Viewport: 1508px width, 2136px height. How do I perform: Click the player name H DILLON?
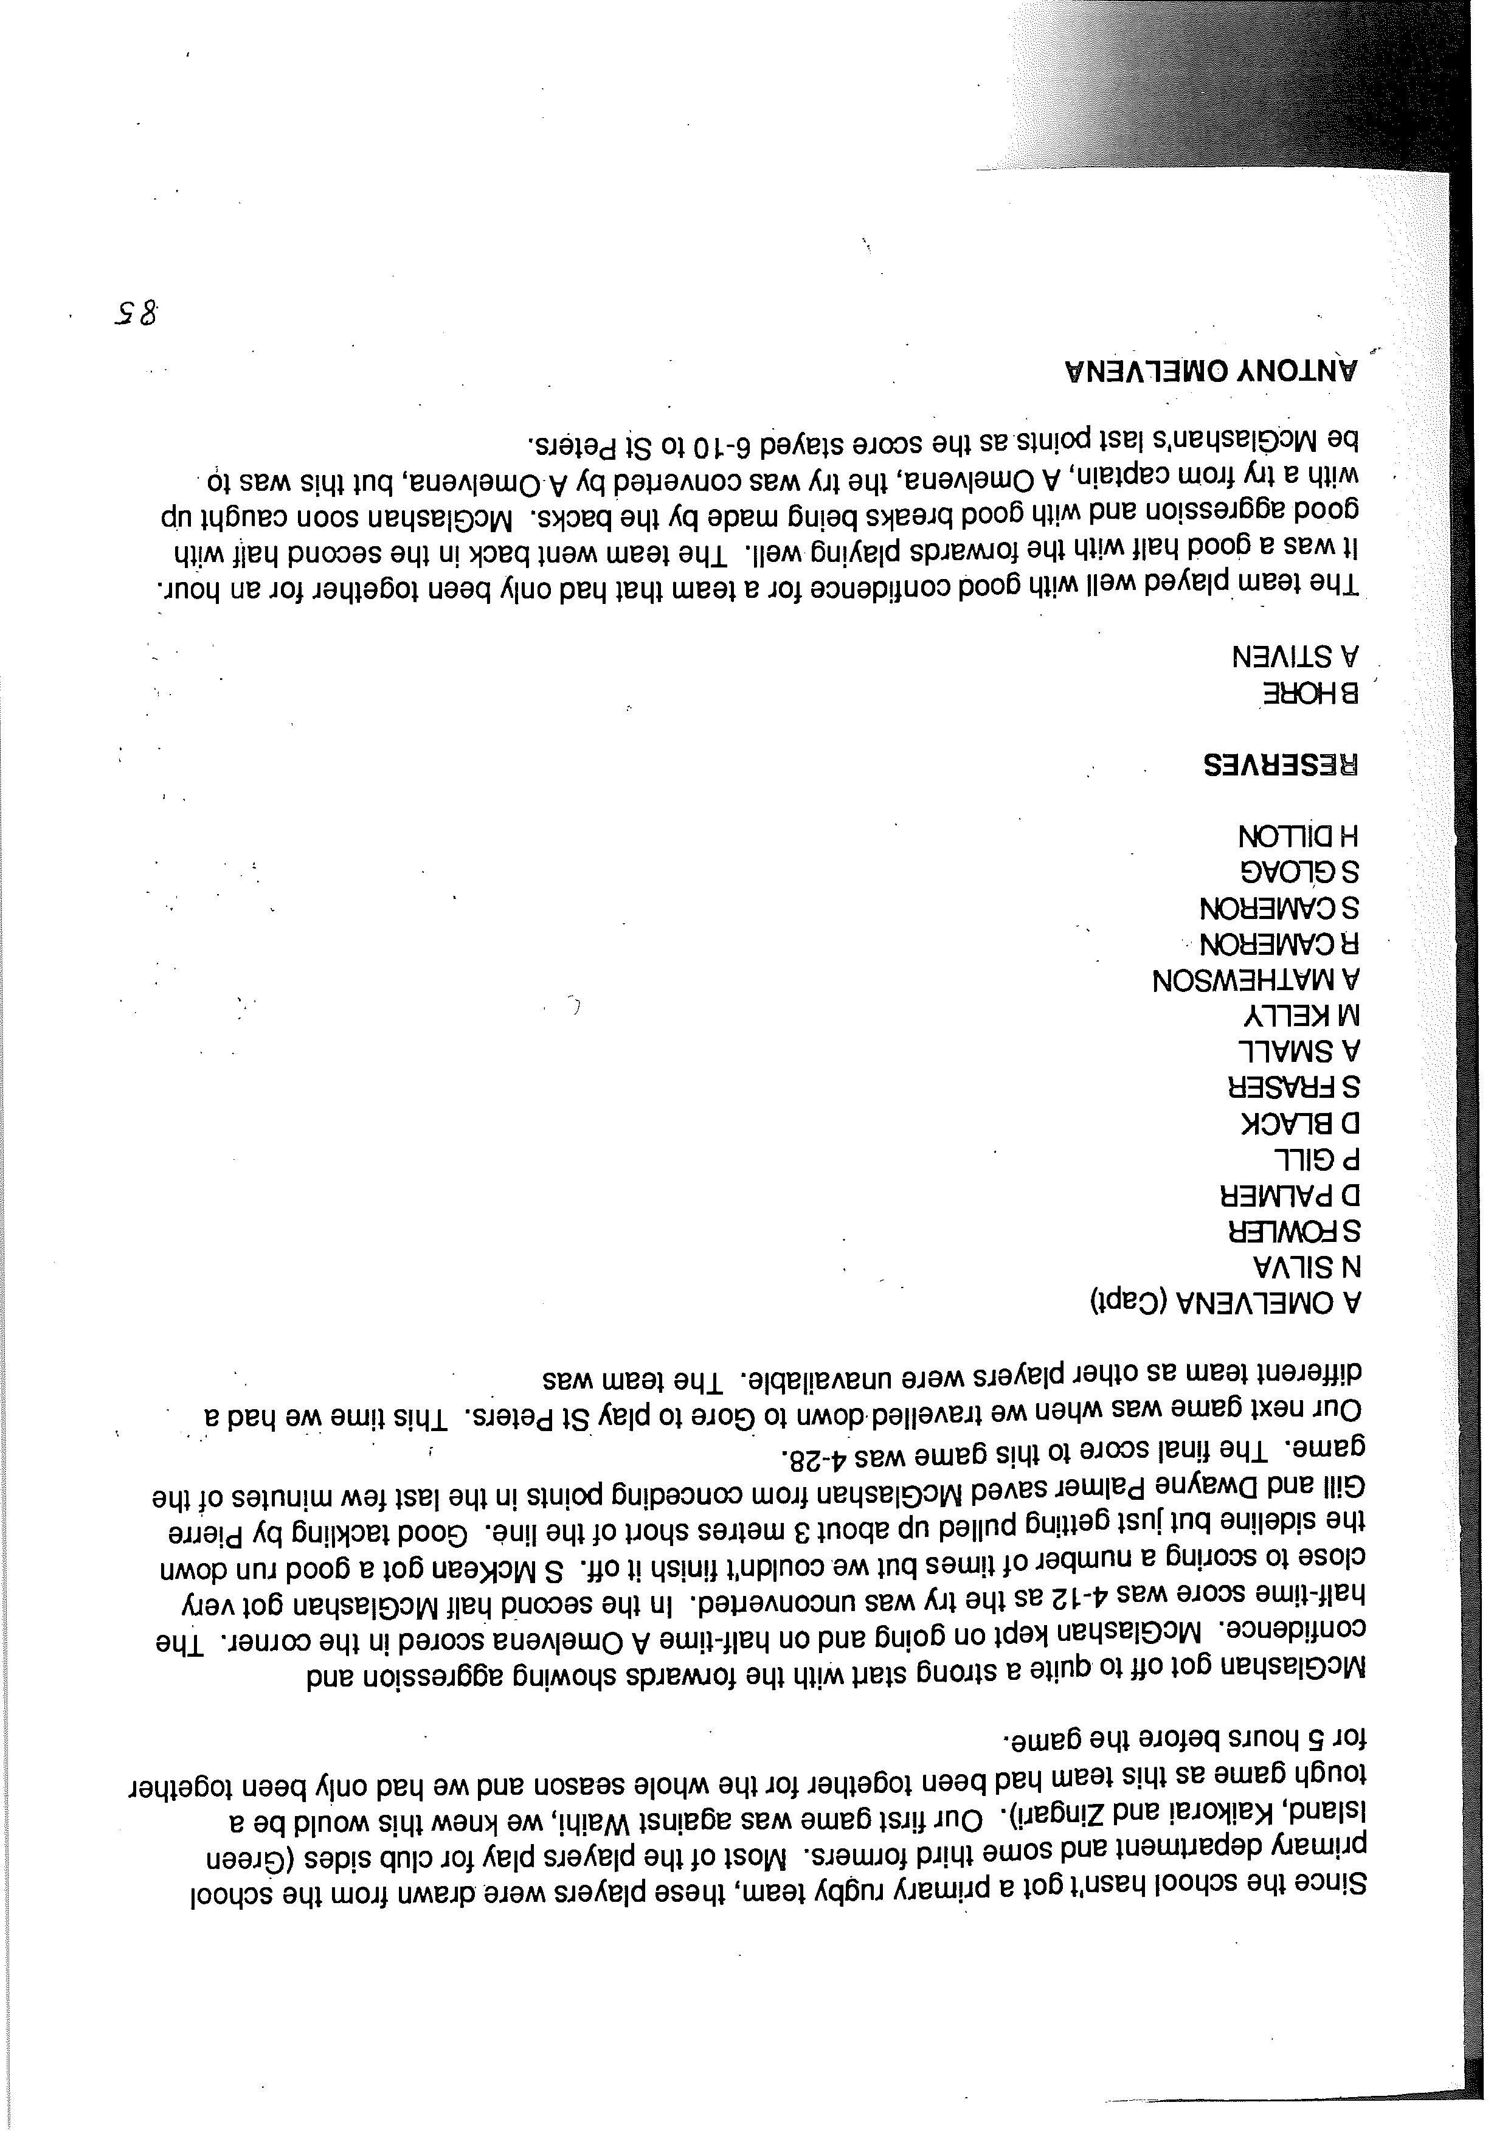(1298, 836)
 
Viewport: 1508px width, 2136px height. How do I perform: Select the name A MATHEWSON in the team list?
(1256, 980)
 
